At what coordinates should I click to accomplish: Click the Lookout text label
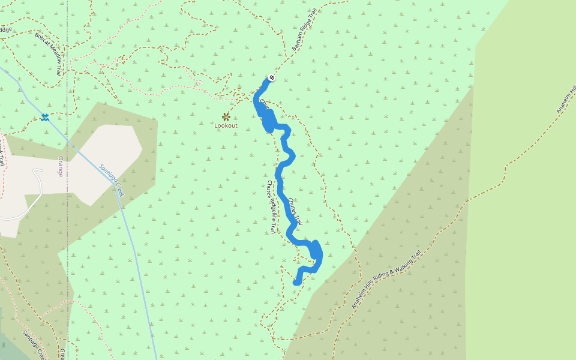point(226,125)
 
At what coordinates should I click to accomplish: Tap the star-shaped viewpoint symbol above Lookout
point(226,116)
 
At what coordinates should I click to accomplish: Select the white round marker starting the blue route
point(272,77)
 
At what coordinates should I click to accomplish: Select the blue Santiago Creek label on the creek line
point(111,180)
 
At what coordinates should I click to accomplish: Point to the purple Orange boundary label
point(60,166)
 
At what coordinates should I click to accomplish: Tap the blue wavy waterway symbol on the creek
point(44,117)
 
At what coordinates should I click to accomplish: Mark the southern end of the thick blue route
point(296,282)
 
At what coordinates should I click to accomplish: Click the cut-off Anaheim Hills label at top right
point(565,99)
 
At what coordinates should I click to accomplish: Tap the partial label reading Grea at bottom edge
point(62,353)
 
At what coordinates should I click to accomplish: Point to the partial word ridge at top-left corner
point(5,28)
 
